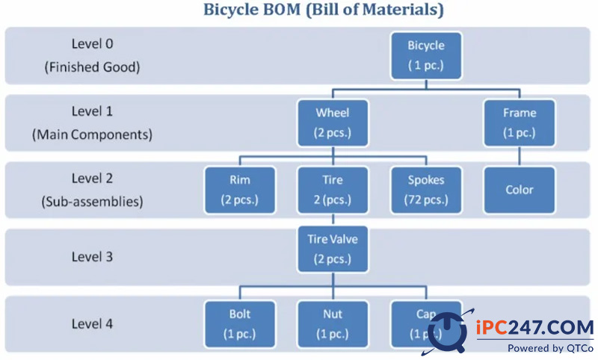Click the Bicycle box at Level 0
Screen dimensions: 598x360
426,55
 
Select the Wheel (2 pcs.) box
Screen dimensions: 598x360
333,123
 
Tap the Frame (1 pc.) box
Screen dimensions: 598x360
519,123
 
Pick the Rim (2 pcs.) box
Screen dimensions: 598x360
240,190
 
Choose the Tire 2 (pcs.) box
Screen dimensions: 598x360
333,190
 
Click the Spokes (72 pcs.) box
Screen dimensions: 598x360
426,190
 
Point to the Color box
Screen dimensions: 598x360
519,190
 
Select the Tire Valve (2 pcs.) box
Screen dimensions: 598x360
333,249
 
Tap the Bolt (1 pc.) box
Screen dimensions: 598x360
240,324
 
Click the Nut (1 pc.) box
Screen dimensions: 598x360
333,324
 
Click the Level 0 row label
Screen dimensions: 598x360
92,44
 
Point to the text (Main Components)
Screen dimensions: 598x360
92,134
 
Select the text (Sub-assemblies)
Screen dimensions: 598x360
92,202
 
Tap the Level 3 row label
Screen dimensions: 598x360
92,257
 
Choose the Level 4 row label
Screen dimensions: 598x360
92,324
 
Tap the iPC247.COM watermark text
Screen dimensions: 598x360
535,328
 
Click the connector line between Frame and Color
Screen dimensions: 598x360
519,157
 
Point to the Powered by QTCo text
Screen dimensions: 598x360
550,348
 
